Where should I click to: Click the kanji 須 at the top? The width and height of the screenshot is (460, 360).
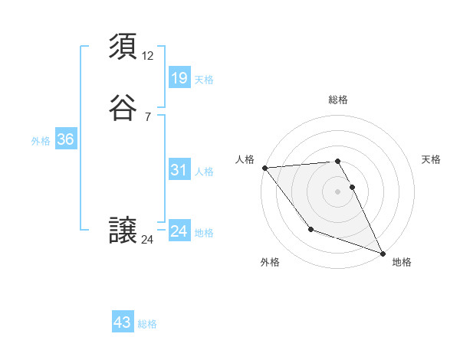tap(123, 47)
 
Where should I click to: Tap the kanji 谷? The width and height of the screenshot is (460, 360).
tap(123, 108)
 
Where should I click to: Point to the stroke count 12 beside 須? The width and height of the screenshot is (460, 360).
tap(148, 55)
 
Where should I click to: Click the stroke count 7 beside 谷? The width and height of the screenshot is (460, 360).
tap(147, 116)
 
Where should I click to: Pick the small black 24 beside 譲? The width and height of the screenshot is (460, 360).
tap(148, 240)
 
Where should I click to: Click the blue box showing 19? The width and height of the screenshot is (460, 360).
tap(179, 78)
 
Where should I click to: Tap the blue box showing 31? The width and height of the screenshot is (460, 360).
tap(179, 170)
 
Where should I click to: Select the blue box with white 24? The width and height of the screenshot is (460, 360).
tap(179, 231)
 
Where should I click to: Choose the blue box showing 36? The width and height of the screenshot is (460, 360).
tap(65, 139)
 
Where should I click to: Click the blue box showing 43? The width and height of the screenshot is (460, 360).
tap(123, 322)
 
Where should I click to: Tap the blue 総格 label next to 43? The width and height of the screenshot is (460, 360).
tap(147, 324)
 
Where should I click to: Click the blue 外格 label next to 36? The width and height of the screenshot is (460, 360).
tap(41, 141)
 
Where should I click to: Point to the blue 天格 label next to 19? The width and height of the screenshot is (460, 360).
tap(204, 80)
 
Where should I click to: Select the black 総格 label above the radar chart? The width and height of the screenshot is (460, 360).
tap(338, 100)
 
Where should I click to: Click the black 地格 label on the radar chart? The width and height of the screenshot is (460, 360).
tap(402, 262)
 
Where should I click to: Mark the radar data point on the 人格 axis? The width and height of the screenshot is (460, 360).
tap(264, 167)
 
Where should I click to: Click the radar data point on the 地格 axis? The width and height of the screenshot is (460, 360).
tap(383, 253)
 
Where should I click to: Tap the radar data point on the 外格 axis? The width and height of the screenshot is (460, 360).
tap(310, 228)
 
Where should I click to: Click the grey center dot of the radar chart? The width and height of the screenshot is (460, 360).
tap(338, 191)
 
